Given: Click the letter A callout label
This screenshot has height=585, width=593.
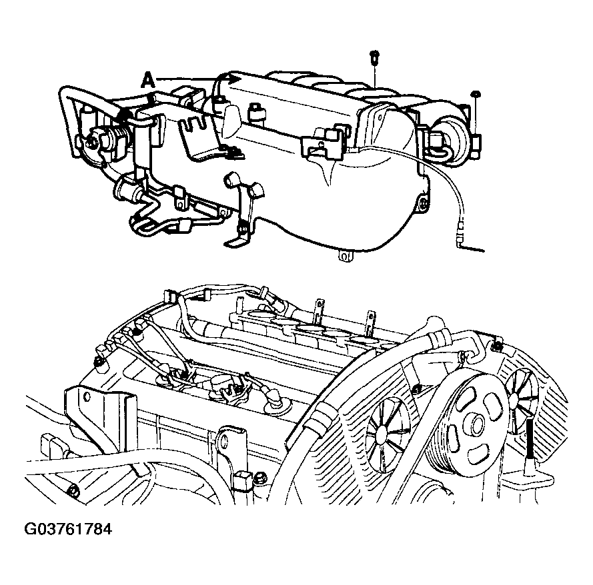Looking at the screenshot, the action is click(148, 81).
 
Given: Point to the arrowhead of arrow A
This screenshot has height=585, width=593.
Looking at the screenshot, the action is click(235, 79).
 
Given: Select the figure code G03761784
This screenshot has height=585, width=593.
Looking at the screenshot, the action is click(68, 529).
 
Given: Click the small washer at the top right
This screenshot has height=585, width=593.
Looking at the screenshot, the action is click(475, 93).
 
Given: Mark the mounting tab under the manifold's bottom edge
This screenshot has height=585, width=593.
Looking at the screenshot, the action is click(345, 256).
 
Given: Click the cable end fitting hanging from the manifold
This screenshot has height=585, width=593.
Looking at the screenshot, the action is click(460, 231).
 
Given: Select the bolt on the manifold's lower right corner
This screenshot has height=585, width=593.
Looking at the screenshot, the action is click(424, 205).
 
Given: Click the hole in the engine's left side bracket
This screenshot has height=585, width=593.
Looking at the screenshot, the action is click(87, 397).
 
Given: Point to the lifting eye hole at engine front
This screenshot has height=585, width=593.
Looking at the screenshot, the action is click(224, 440).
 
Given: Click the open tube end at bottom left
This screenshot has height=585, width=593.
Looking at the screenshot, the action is click(73, 491).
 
